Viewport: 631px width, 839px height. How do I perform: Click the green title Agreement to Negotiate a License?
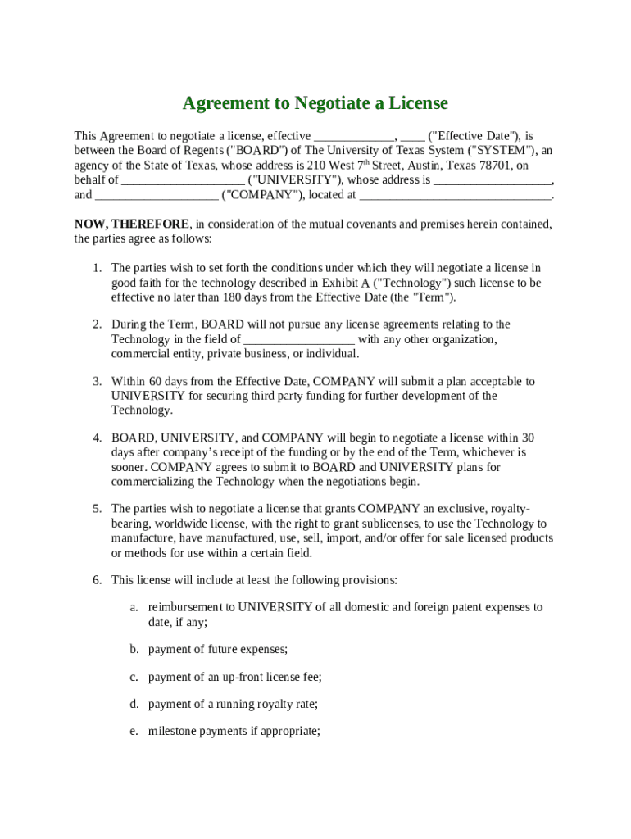coord(315,103)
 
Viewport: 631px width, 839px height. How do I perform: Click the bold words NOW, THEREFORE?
coord(132,224)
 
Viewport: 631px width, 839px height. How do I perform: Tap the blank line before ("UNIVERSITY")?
coord(183,180)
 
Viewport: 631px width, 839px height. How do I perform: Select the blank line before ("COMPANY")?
coord(157,195)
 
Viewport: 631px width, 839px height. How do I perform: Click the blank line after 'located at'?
coord(456,195)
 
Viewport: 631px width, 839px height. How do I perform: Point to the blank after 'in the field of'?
coord(299,339)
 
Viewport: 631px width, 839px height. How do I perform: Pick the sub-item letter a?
coord(133,607)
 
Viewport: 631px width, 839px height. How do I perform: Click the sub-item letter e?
coord(133,731)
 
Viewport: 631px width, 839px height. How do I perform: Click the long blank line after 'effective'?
coord(355,136)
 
